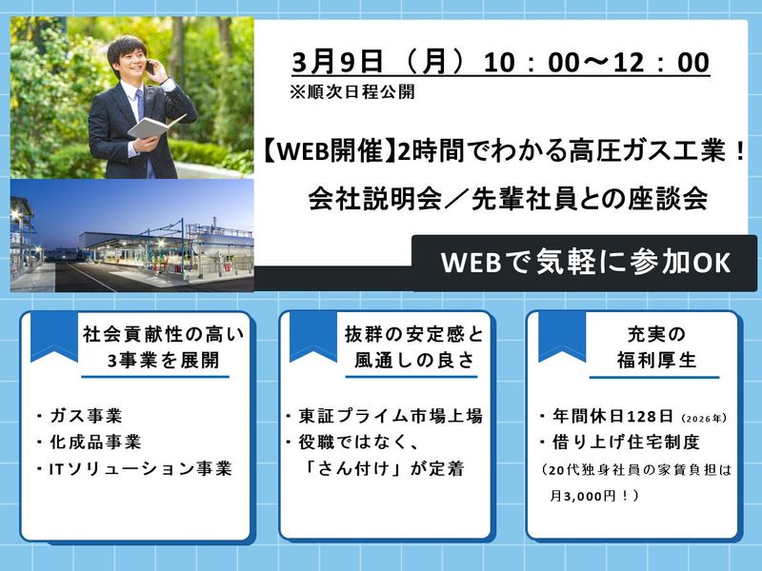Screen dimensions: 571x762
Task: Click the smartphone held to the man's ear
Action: pyautogui.click(x=150, y=68)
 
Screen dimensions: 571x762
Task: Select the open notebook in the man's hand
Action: pyautogui.click(x=156, y=126)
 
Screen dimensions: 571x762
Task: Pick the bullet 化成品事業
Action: pyautogui.click(x=92, y=443)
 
